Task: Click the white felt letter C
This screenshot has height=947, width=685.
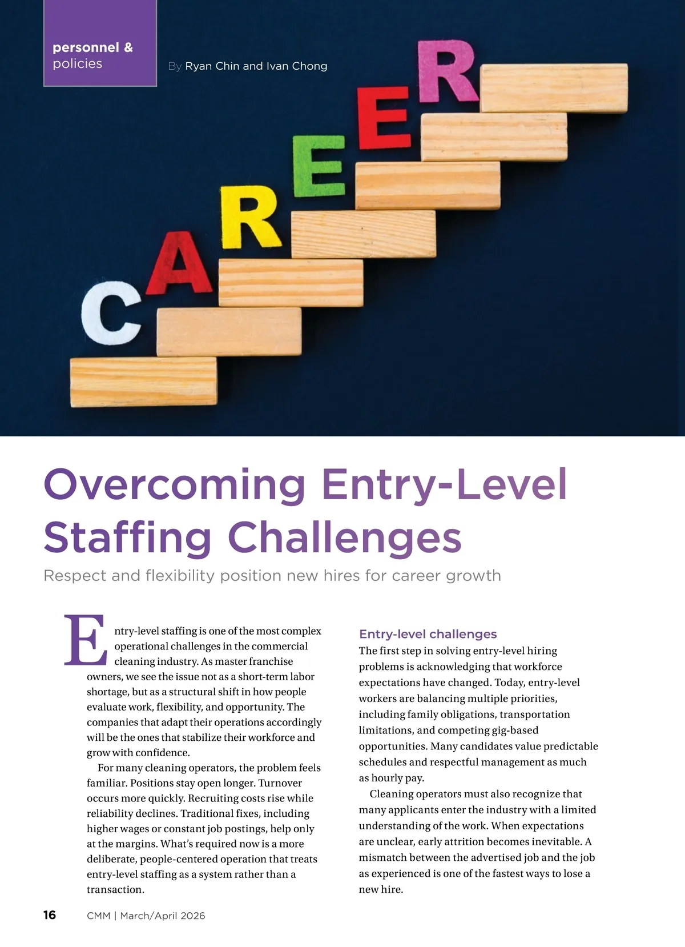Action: tap(110, 312)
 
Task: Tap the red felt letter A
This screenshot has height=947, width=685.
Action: tap(179, 264)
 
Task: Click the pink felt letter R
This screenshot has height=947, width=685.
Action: tap(446, 72)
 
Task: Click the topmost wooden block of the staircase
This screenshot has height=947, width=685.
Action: tap(553, 87)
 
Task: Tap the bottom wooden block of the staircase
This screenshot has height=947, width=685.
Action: tap(143, 382)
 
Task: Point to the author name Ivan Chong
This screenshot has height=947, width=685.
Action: tap(297, 66)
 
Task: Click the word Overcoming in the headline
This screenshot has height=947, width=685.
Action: tap(175, 484)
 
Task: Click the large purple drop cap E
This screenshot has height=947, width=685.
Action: tap(86, 640)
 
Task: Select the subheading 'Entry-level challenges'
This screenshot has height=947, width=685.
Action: tap(428, 634)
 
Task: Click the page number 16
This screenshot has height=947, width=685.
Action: tap(50, 915)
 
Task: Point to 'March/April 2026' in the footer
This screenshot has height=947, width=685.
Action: tap(163, 916)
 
